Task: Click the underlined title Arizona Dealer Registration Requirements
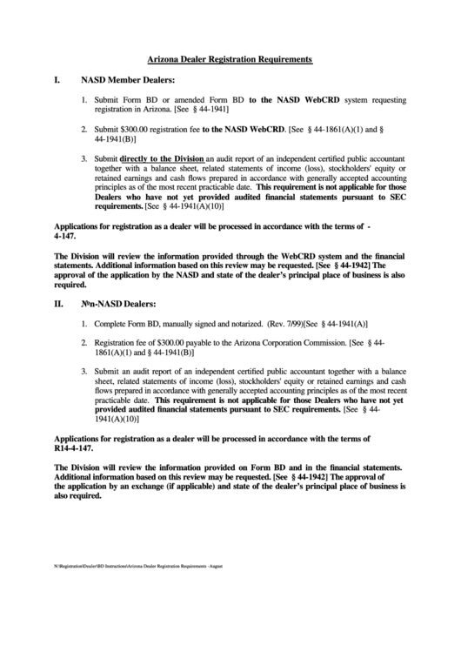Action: pos(230,58)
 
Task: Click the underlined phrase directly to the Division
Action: pos(161,159)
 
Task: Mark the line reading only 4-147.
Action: pos(65,236)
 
